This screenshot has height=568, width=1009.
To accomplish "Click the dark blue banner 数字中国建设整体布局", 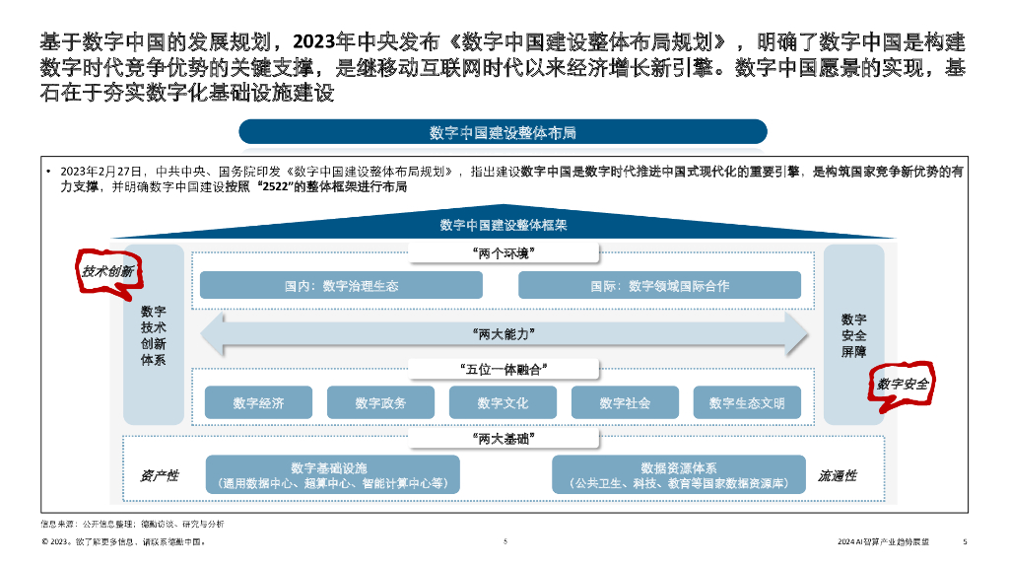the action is tap(503, 132).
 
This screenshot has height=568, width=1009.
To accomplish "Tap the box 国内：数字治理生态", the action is tap(341, 286).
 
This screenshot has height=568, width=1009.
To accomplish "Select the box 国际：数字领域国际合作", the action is tap(659, 286).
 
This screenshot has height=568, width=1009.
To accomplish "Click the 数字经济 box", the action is tap(258, 402).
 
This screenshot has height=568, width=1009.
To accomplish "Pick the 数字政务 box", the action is tap(380, 402).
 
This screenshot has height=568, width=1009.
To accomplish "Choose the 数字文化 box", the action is tap(503, 402).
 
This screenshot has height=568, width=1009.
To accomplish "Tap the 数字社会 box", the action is tap(625, 402).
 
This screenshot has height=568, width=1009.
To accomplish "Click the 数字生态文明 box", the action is tap(747, 402).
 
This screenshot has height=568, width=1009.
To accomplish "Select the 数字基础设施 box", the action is tap(333, 474).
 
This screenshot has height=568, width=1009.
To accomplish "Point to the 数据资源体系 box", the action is tap(678, 474).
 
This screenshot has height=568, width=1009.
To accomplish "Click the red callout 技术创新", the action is tap(108, 271).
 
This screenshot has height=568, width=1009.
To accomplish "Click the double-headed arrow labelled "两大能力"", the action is tap(504, 333).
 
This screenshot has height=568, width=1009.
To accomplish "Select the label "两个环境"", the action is tap(504, 253).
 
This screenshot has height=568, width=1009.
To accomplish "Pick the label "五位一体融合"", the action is tap(504, 369).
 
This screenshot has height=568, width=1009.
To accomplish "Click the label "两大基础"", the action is tap(504, 438).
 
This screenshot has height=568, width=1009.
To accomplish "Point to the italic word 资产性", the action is tap(159, 475).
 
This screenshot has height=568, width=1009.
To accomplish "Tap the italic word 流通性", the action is tap(837, 475).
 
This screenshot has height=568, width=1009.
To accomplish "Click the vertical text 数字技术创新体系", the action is tap(154, 335).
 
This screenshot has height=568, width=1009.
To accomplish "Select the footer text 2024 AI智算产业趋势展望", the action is tap(883, 541).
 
